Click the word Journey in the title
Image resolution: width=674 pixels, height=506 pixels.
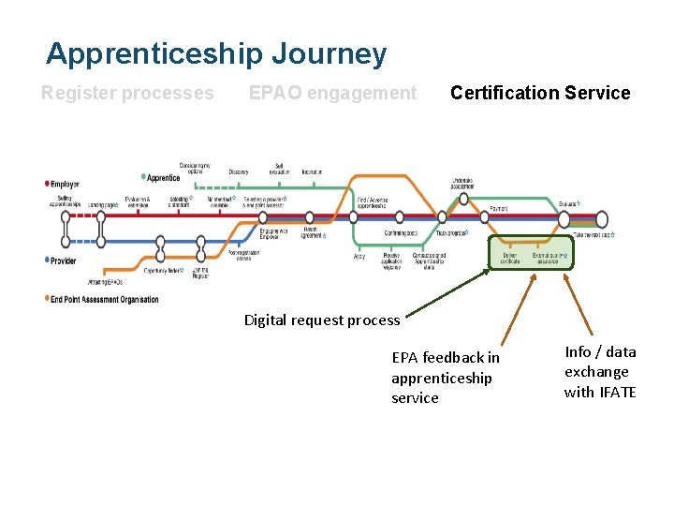click(328, 53)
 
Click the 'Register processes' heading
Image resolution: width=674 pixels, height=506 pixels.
click(127, 93)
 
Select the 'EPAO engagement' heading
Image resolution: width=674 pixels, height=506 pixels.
click(332, 93)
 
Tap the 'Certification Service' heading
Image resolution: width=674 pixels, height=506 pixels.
click(540, 93)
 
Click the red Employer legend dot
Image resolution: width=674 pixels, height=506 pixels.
click(48, 184)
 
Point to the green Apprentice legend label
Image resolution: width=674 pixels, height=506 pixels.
click(164, 177)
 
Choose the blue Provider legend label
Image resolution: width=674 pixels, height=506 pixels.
click(64, 260)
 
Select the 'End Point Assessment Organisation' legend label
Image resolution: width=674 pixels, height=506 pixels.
click(105, 299)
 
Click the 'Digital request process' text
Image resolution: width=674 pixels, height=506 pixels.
click(321, 320)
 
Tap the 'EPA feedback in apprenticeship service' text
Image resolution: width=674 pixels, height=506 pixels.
click(446, 378)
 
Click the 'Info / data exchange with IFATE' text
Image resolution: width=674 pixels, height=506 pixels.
click(600, 372)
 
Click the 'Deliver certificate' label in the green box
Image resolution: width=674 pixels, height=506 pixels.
click(510, 258)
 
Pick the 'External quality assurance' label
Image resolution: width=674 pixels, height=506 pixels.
click(549, 258)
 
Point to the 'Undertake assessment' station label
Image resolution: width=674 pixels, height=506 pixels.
click(462, 184)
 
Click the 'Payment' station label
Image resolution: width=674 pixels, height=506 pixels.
click(499, 208)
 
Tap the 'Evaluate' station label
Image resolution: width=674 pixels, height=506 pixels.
click(568, 203)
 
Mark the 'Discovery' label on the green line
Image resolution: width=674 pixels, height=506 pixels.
click(239, 171)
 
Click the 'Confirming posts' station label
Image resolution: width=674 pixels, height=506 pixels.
click(402, 233)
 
